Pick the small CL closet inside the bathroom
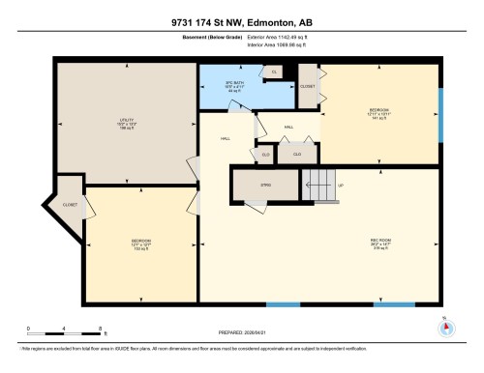274,72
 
